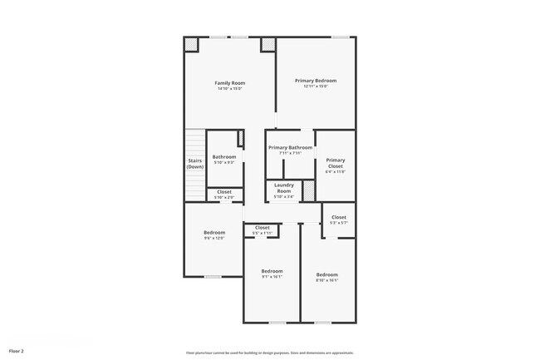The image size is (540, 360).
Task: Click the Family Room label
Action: (x=229, y=83)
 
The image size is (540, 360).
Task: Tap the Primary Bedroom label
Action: (x=316, y=81)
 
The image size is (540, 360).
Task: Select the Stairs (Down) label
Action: (x=194, y=164)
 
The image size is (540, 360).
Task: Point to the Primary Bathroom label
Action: (x=290, y=147)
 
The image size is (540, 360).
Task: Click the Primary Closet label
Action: (x=335, y=162)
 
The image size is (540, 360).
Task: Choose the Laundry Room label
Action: (x=284, y=187)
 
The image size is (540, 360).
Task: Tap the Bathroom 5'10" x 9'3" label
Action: (x=223, y=156)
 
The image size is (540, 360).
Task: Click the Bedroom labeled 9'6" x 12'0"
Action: (x=214, y=233)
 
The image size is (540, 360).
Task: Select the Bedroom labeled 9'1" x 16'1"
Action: (x=272, y=271)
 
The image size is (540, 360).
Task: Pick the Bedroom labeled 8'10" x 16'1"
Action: (x=326, y=274)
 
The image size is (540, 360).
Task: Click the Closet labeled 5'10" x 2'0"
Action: (x=223, y=192)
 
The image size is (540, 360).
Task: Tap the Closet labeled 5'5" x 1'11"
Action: (x=262, y=228)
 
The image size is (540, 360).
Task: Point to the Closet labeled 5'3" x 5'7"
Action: (x=338, y=217)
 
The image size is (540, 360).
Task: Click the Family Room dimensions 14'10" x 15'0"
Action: (x=229, y=89)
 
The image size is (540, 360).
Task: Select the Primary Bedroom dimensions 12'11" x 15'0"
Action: (x=316, y=86)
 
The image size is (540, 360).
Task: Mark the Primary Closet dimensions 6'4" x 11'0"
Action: (x=335, y=172)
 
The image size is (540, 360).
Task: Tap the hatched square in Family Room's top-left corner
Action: (x=191, y=45)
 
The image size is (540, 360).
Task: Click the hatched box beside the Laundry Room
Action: (x=307, y=190)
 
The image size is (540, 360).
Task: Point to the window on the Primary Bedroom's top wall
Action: (x=340, y=37)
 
